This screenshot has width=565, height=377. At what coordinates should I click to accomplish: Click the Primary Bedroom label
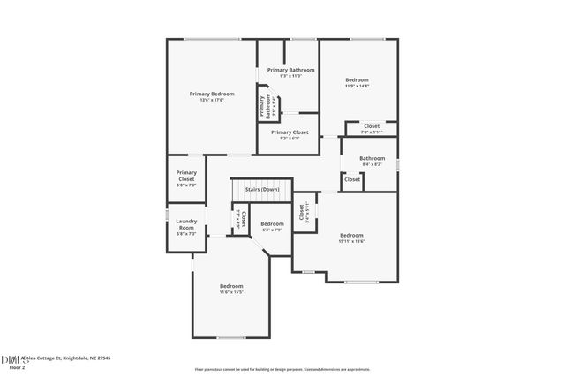(x=212, y=94)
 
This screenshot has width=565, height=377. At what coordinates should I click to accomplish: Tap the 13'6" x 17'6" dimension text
(x=212, y=101)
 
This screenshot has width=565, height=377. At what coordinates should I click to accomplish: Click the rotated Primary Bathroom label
(x=263, y=106)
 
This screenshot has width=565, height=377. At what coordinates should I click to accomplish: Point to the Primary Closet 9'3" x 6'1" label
(x=290, y=134)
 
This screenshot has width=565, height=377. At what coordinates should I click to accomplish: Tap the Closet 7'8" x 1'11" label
(x=372, y=129)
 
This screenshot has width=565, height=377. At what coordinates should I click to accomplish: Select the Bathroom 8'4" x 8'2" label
(x=372, y=161)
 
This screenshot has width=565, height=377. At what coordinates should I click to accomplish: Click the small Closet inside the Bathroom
(x=351, y=179)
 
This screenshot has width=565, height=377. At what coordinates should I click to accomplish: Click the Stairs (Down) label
(x=262, y=189)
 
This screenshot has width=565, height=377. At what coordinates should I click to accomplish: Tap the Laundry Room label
(x=186, y=224)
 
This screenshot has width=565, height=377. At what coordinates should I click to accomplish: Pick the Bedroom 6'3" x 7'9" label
(x=272, y=226)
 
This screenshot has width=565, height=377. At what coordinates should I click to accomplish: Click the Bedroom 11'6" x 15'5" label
(x=231, y=289)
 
